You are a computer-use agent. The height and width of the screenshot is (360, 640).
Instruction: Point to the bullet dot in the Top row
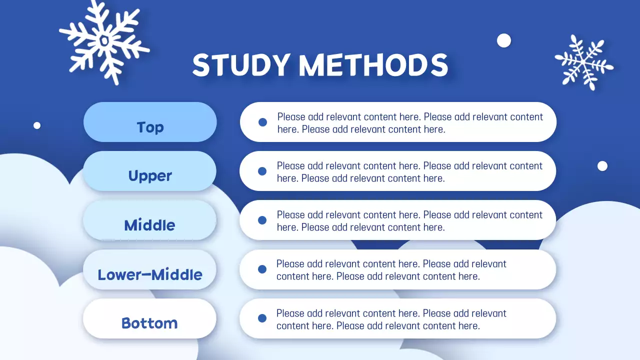262,122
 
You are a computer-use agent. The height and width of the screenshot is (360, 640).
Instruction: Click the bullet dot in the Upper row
262,171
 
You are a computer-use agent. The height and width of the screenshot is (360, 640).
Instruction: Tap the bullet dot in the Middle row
262,220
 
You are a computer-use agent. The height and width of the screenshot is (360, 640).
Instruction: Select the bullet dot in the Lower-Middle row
262,269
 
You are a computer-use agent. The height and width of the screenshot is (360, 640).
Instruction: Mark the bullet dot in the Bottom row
262,318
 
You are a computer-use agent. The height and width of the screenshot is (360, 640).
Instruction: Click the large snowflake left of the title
104,41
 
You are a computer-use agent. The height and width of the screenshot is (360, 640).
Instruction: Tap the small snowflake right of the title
583,62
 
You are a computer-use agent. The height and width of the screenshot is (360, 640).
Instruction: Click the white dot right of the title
504,40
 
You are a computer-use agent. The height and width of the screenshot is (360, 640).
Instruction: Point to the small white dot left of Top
37,125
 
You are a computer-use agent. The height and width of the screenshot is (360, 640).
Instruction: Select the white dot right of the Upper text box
602,166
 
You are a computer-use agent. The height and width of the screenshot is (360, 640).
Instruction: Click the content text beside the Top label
410,123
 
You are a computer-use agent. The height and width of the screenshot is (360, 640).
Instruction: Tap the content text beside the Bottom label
391,319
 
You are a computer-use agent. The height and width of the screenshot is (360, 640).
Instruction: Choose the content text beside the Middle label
409,221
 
